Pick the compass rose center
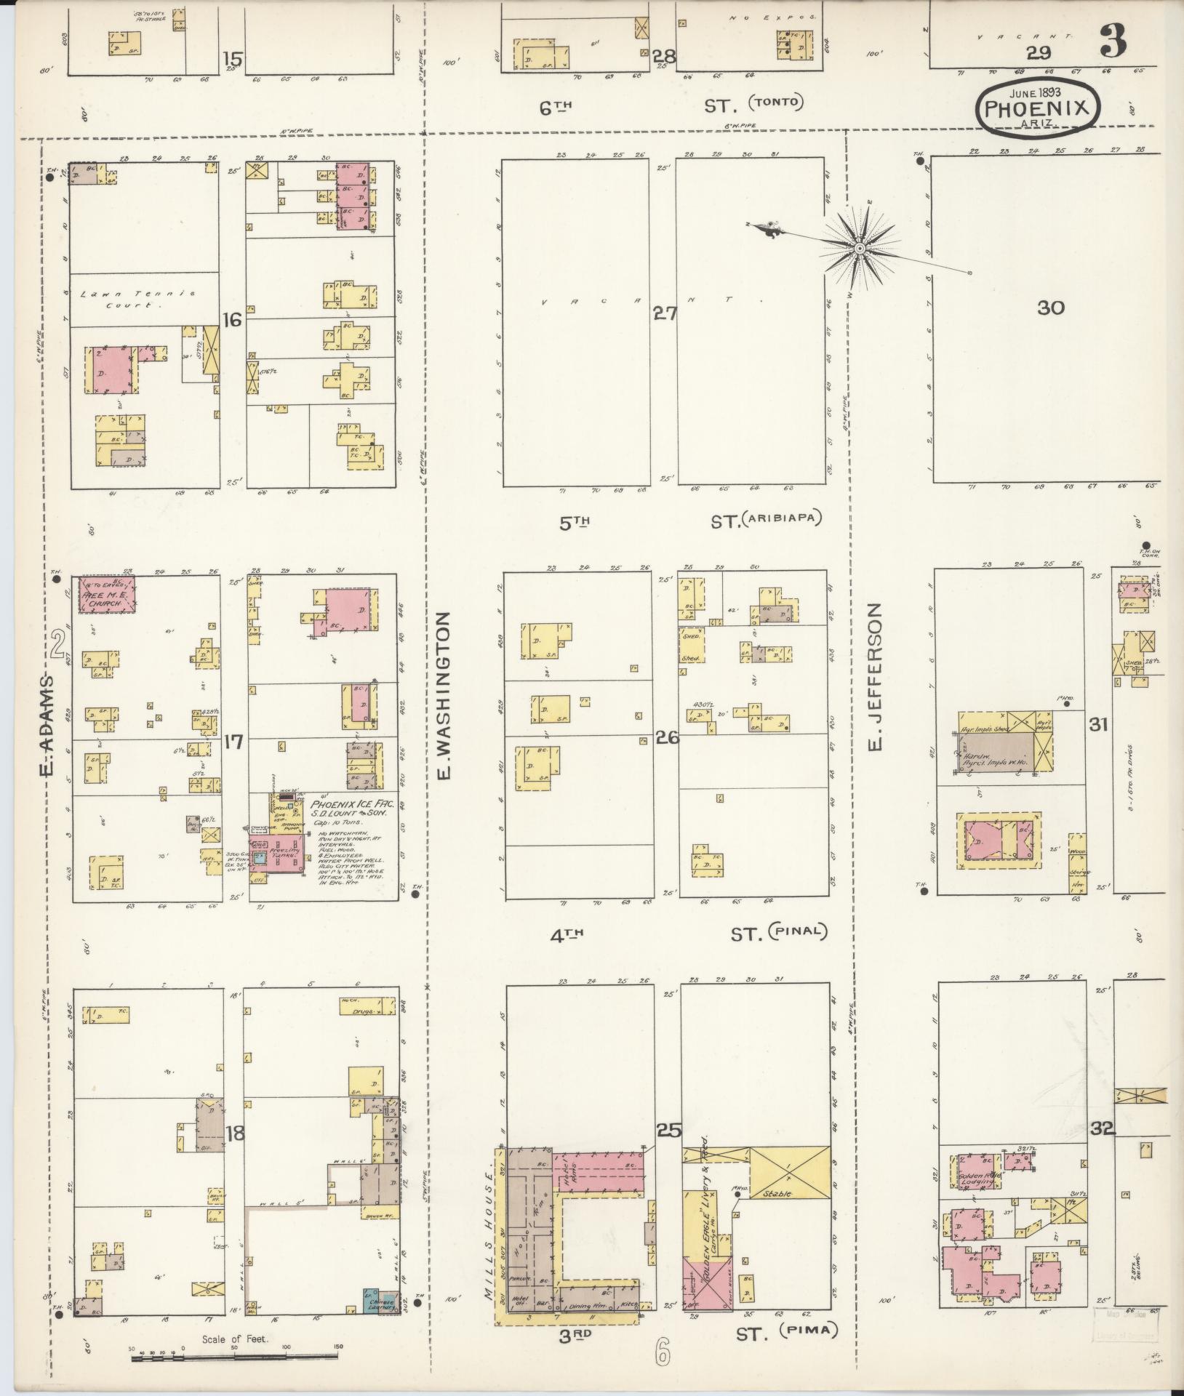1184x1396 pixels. coord(860,249)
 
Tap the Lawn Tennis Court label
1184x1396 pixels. coord(138,299)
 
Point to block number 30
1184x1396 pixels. coord(1050,308)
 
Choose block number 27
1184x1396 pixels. coord(664,313)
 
